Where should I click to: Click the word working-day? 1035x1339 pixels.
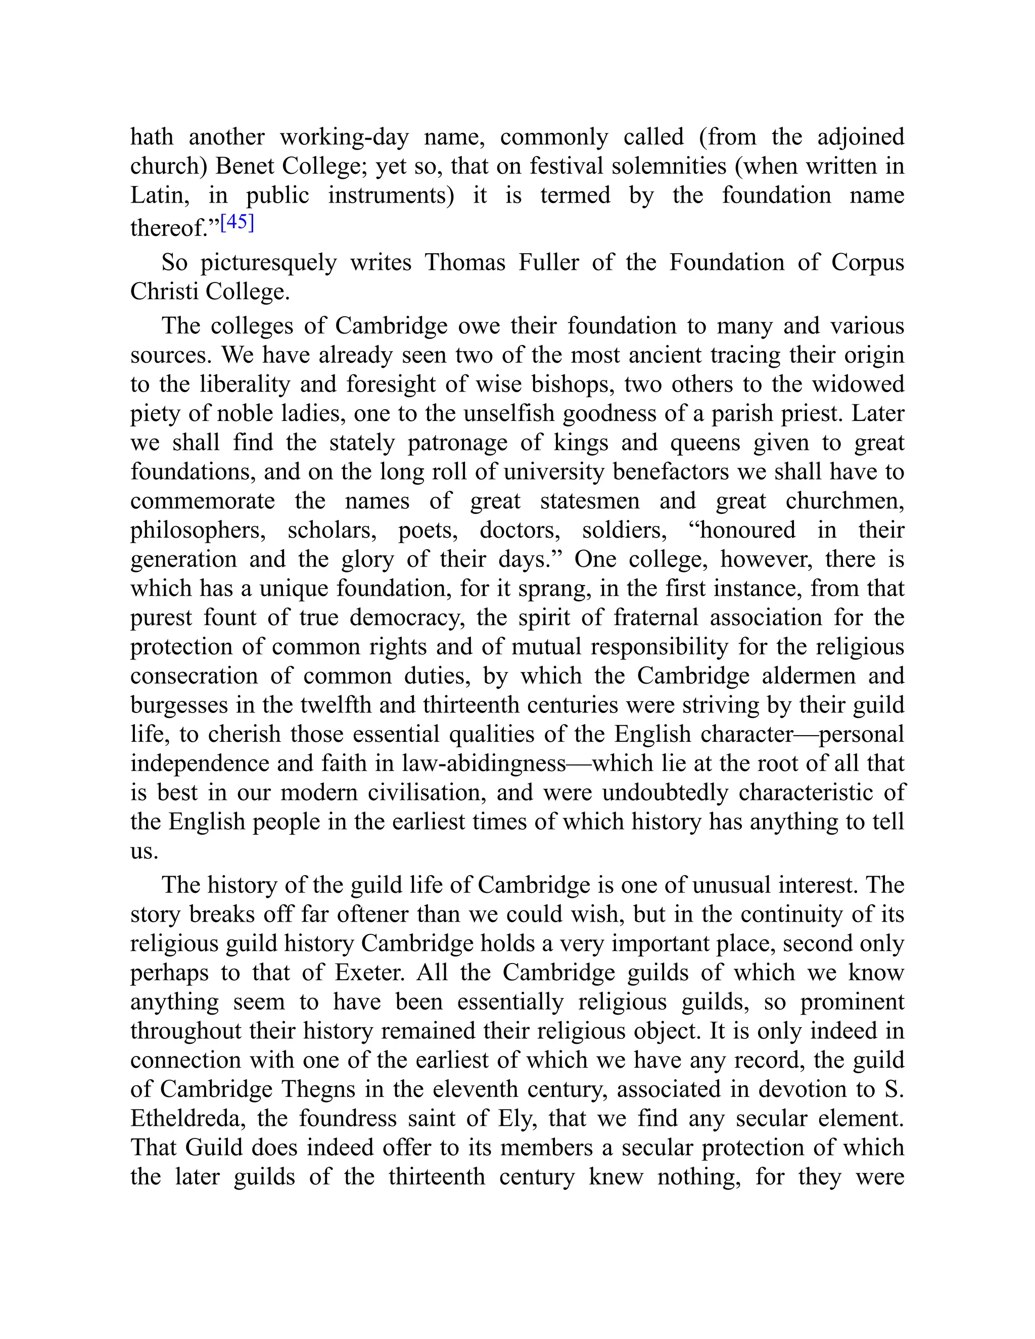point(344,137)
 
